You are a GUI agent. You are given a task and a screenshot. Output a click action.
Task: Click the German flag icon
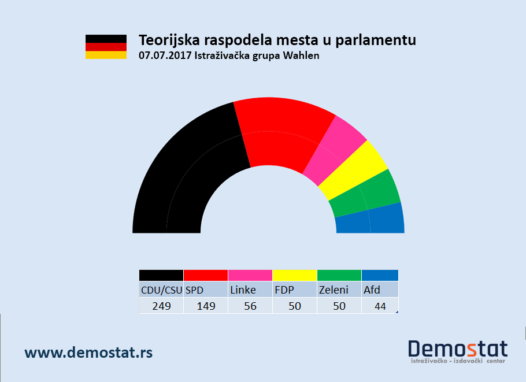(106, 47)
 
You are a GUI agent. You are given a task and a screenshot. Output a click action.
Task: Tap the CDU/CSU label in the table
(161, 290)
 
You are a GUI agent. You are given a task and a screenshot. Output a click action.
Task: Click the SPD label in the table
(195, 290)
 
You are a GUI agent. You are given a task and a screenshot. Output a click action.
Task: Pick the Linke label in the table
(243, 290)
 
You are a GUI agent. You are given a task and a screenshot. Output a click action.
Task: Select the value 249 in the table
(161, 306)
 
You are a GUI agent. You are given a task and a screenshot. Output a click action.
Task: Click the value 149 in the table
(206, 306)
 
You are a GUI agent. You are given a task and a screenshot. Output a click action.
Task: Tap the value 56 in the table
(250, 306)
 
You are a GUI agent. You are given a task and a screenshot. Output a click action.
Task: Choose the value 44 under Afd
(380, 306)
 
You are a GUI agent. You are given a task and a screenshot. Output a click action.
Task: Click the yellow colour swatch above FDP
(294, 275)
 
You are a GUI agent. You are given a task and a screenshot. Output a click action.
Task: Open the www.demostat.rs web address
(88, 353)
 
